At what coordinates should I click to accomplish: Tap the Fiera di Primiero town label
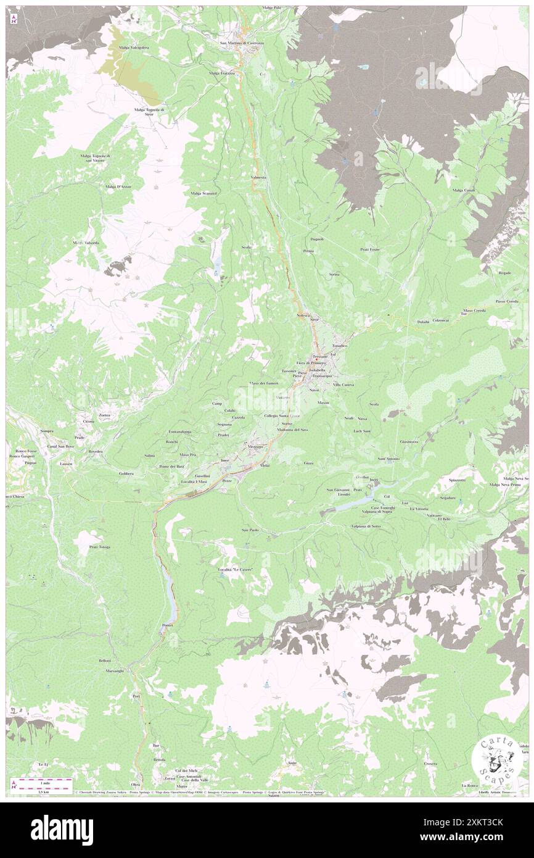(310, 363)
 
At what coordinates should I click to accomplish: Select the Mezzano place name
(256, 446)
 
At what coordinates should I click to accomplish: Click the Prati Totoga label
(99, 547)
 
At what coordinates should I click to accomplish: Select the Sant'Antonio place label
(389, 459)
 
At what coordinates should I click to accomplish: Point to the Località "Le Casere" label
(236, 569)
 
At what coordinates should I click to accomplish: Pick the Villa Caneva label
(343, 385)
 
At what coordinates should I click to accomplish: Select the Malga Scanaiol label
(203, 193)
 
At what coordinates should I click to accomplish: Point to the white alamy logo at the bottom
(62, 830)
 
